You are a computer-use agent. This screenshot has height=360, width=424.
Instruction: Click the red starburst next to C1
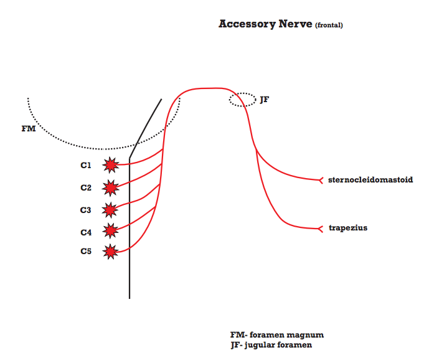click(x=111, y=165)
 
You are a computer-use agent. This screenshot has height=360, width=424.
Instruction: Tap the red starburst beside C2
click(x=111, y=187)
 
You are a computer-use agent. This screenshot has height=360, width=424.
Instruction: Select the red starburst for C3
click(x=110, y=209)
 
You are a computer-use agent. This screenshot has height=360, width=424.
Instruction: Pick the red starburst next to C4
click(x=111, y=231)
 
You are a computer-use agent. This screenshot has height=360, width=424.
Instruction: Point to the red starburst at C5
click(x=111, y=252)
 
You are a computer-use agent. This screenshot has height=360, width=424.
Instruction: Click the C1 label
click(x=86, y=166)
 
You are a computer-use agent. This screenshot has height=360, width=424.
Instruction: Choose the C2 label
click(x=86, y=187)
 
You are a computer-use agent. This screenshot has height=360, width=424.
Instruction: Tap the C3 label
click(x=86, y=210)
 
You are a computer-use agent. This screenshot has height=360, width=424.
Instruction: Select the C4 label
click(x=86, y=232)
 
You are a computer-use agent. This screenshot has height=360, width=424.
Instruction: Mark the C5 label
click(x=86, y=252)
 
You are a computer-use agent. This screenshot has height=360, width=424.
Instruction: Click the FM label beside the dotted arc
click(x=29, y=130)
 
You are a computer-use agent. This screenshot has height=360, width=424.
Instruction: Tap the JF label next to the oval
click(x=265, y=99)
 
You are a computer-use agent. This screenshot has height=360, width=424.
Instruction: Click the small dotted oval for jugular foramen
click(x=242, y=100)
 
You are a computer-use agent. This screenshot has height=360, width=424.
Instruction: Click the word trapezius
click(x=348, y=228)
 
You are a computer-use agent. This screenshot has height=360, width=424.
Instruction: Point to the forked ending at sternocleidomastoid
click(x=320, y=180)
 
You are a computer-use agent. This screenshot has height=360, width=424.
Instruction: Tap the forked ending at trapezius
click(x=320, y=228)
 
